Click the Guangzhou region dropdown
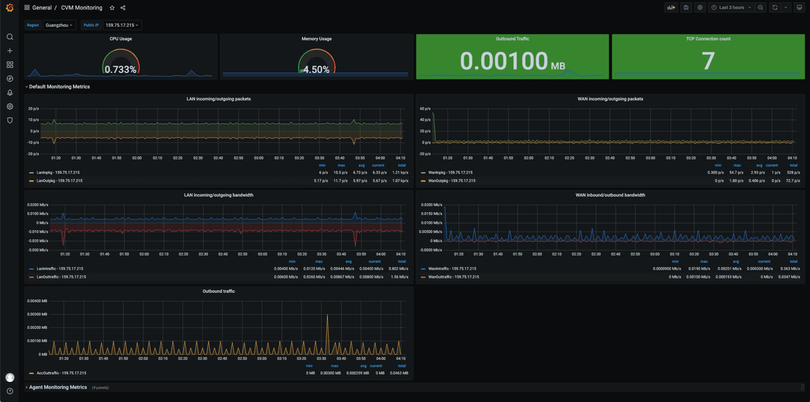click(59, 25)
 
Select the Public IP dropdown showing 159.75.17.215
click(122, 25)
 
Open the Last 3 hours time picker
click(732, 7)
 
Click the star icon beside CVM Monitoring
click(112, 8)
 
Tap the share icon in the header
click(123, 8)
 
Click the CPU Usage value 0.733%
click(120, 70)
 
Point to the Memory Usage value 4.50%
click(316, 70)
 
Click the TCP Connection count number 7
click(708, 61)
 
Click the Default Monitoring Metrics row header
click(59, 87)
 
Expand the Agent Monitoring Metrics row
click(57, 387)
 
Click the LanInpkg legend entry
click(56, 172)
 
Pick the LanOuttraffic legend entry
click(61, 277)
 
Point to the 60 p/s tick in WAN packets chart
click(425, 108)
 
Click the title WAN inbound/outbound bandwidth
click(610, 195)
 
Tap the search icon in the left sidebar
click(10, 37)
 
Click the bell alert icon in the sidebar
click(10, 92)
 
